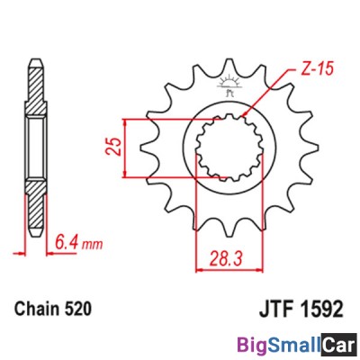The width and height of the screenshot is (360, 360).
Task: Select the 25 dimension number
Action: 113,146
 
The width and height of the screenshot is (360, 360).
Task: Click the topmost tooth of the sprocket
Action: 226,63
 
